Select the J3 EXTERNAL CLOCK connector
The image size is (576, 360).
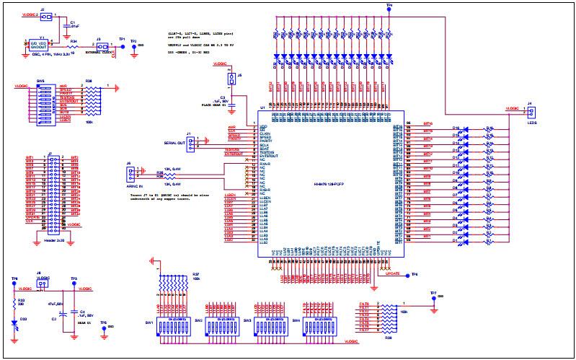coord(105,45)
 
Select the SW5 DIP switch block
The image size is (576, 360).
coord(45,104)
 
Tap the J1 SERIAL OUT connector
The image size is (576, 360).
coord(190,144)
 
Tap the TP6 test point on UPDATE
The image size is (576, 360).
coord(405,275)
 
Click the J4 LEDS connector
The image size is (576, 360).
coord(531,113)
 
